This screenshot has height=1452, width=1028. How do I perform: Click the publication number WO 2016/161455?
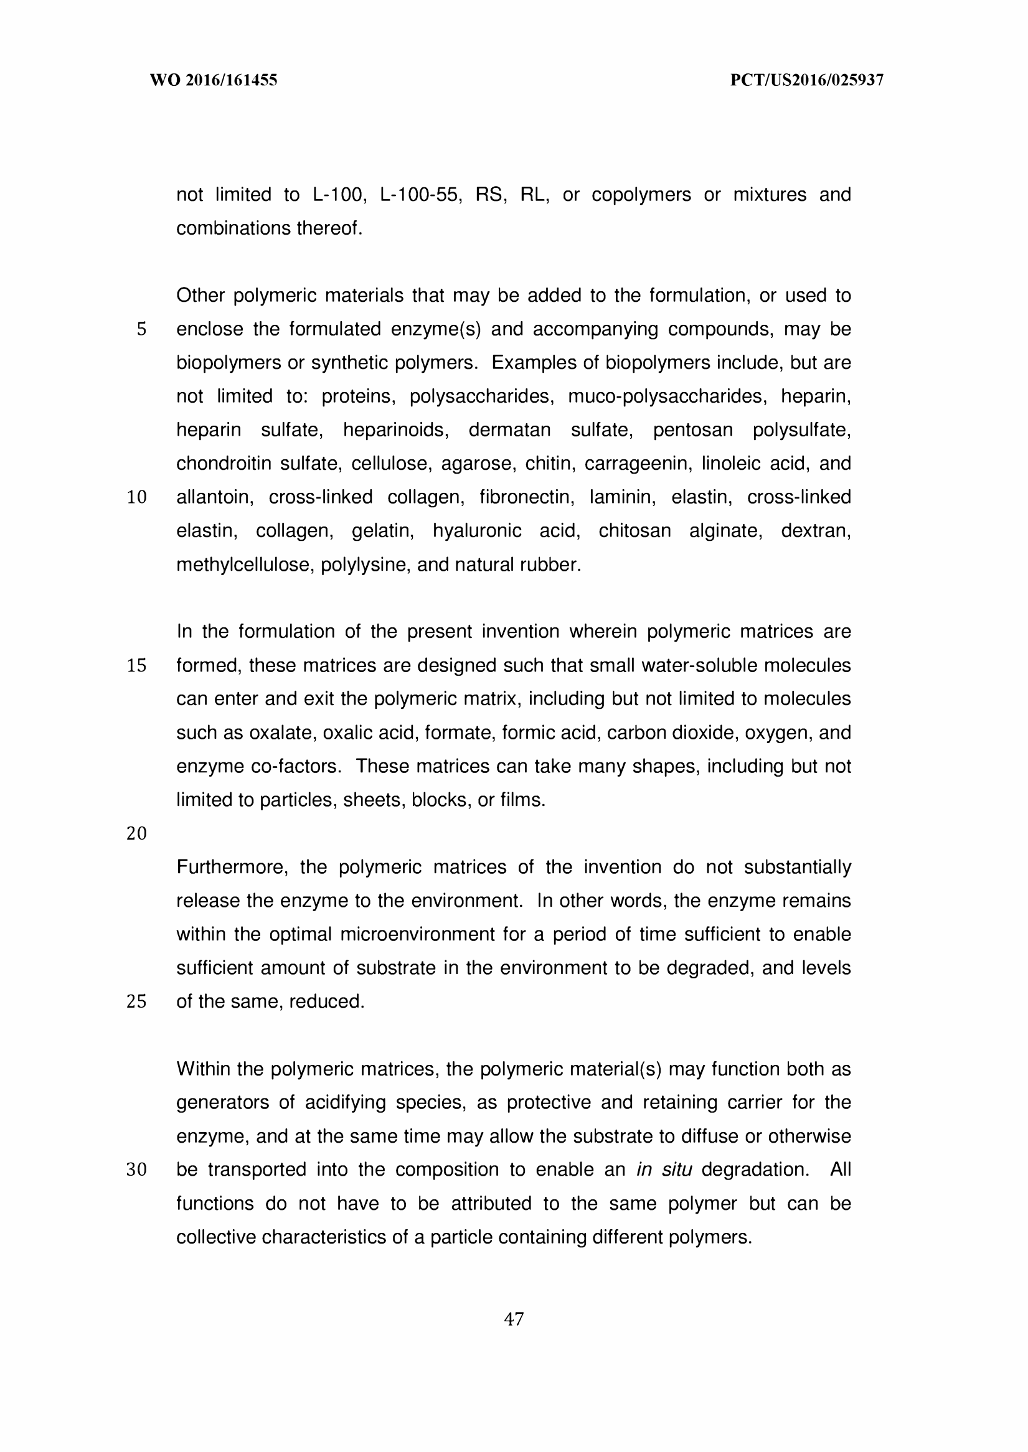click(214, 80)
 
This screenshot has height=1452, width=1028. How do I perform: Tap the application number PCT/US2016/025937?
click(806, 80)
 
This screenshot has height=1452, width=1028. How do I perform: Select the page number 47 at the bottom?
click(513, 1319)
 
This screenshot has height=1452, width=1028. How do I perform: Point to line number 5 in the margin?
click(141, 329)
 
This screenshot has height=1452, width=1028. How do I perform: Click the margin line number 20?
click(137, 833)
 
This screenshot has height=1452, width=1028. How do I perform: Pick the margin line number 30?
click(137, 1170)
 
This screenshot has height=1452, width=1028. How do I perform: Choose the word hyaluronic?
click(477, 531)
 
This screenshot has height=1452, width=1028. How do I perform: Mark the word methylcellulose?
click(244, 564)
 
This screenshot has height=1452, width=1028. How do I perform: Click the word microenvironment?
click(417, 934)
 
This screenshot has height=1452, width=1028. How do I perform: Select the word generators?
click(222, 1102)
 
